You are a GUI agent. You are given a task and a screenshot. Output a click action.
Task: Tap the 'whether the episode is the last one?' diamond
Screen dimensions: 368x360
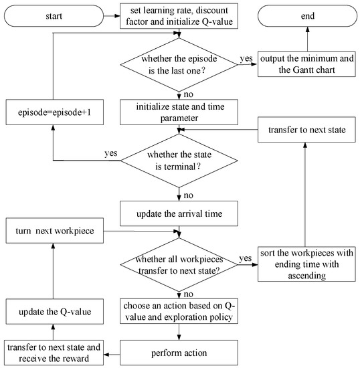[x=179, y=65]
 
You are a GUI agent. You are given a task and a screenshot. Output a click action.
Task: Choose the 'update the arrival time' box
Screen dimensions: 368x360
[x=179, y=213]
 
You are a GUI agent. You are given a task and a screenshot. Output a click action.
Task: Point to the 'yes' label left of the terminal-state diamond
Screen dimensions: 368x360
[x=110, y=153]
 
